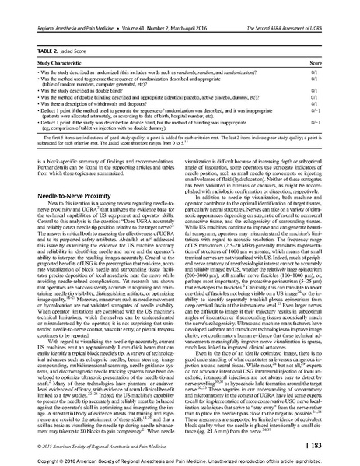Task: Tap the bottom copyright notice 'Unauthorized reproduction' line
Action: point(180,460)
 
